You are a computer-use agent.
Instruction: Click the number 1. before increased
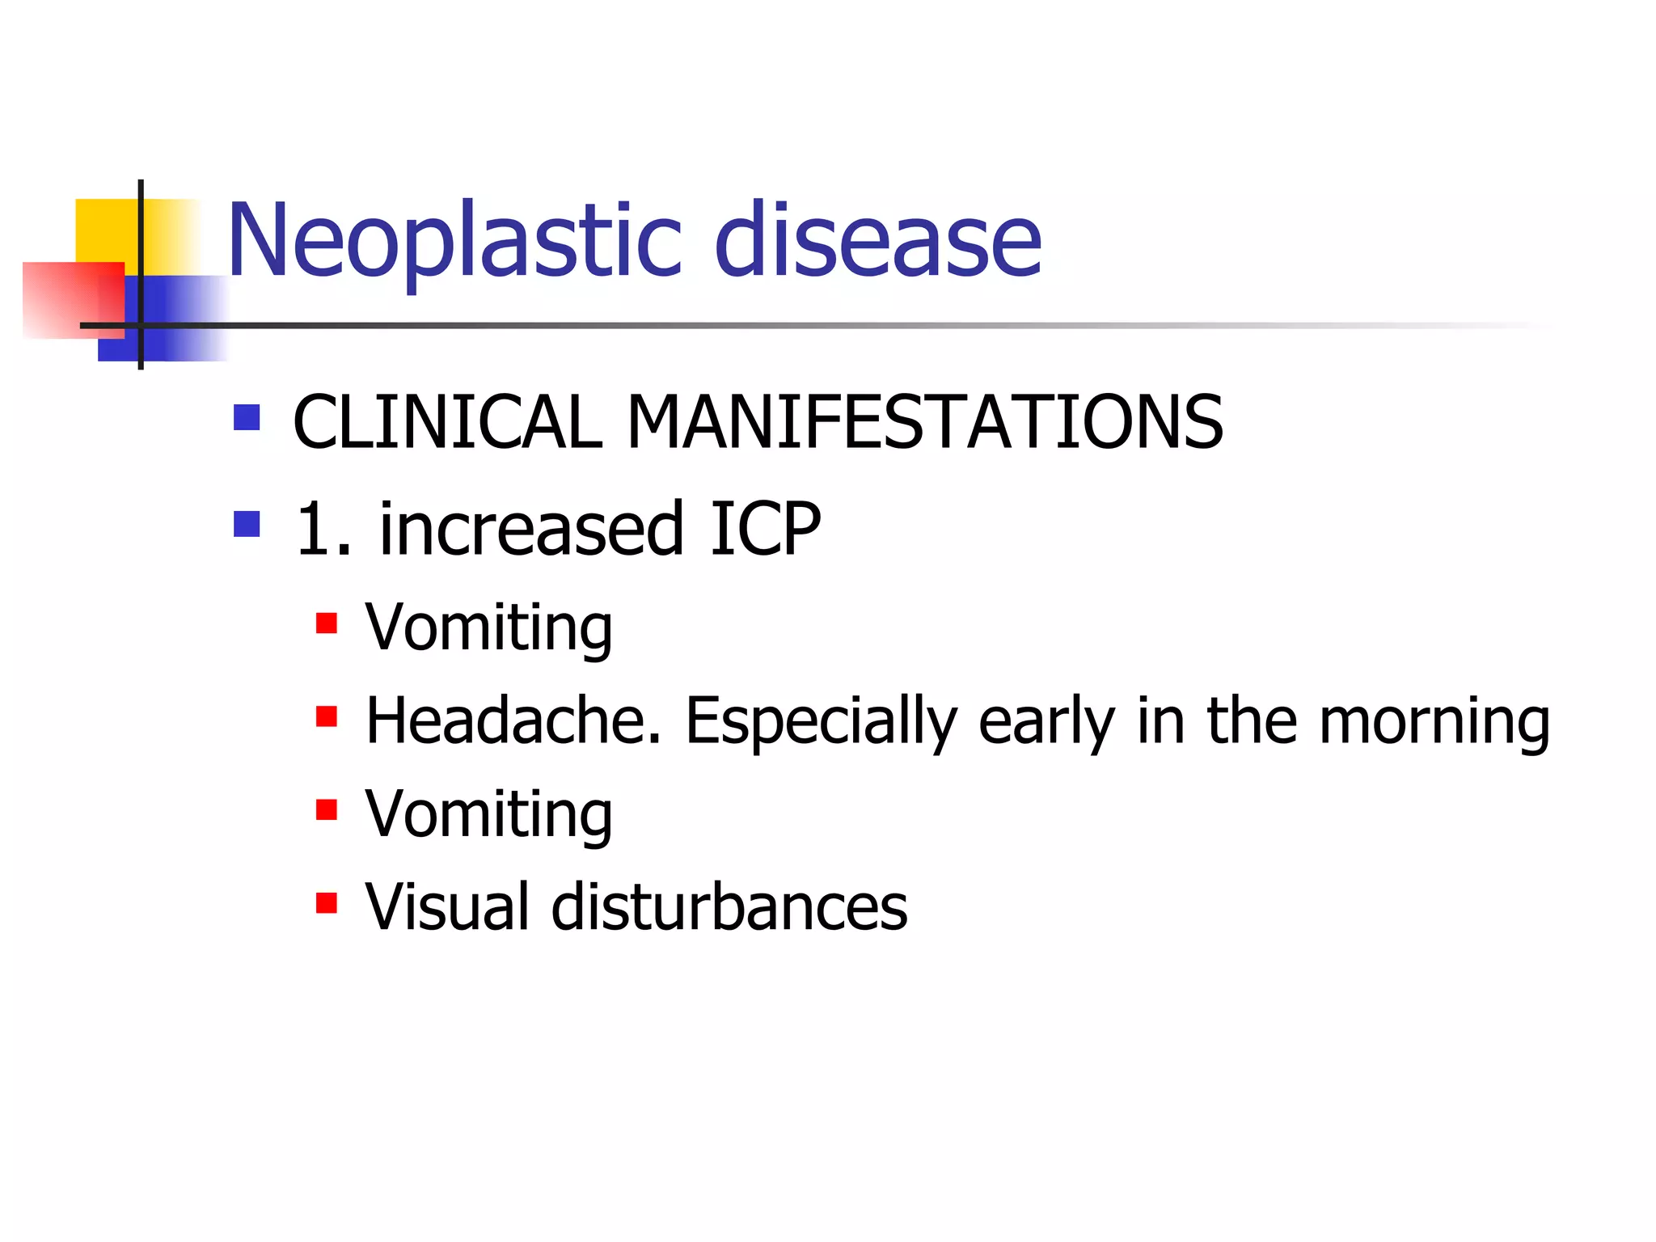coord(323,529)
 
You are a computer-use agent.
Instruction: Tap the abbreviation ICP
coord(765,529)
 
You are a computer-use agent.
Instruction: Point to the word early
coord(1046,721)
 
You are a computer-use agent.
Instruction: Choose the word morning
coord(1434,721)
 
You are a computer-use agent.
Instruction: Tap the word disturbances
coord(729,906)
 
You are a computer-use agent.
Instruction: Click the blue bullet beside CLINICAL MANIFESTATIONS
coord(247,417)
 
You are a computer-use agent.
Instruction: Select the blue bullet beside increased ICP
coord(247,524)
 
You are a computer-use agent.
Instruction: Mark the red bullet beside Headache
coord(327,716)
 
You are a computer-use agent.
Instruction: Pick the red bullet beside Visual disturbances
coord(327,902)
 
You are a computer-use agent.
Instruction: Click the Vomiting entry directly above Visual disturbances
coord(488,814)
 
